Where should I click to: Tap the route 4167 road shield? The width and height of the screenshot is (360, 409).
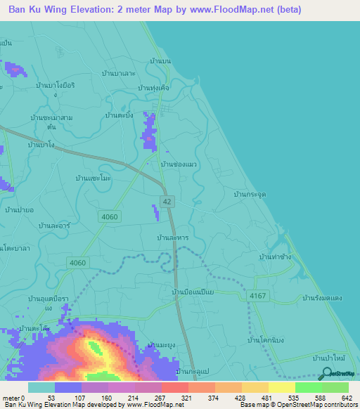[x=257, y=297]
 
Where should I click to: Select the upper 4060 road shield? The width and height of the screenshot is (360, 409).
[x=110, y=217]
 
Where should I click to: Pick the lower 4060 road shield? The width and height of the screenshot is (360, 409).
[x=77, y=263]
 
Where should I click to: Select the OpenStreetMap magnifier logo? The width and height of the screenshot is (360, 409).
[x=325, y=375]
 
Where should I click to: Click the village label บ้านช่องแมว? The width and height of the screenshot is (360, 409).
[x=180, y=164]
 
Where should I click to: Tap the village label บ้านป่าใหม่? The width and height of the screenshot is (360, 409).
[x=329, y=359]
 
